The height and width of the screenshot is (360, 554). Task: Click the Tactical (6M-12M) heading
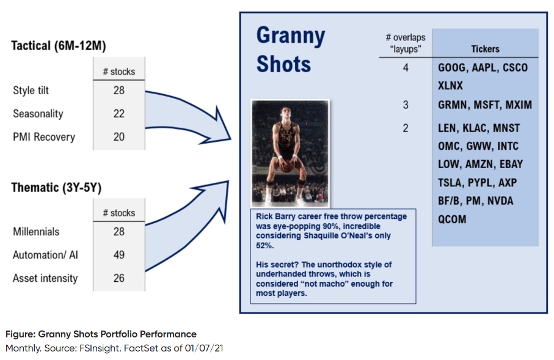click(58, 46)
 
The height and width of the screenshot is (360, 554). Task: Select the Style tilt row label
click(31, 90)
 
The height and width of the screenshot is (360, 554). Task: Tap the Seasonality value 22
click(119, 114)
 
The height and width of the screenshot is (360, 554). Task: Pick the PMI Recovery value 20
click(119, 137)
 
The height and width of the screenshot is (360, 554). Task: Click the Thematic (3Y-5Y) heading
click(56, 188)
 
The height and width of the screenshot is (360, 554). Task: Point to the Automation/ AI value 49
click(119, 255)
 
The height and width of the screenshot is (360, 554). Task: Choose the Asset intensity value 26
click(119, 278)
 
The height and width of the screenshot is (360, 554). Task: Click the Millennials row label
click(36, 232)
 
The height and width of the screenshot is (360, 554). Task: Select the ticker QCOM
click(452, 219)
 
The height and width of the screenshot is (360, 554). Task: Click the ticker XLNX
click(451, 86)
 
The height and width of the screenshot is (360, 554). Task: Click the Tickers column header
click(485, 49)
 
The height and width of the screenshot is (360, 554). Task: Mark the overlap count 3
click(406, 105)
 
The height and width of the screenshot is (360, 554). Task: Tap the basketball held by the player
click(286, 166)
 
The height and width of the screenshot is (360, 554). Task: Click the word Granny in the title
click(290, 36)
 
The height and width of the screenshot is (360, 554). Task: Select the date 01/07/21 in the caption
click(204, 348)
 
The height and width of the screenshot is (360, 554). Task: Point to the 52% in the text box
click(264, 246)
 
